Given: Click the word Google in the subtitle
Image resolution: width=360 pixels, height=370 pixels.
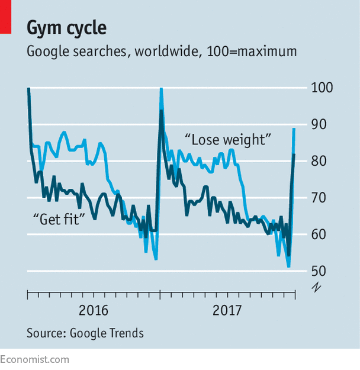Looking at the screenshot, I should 49,52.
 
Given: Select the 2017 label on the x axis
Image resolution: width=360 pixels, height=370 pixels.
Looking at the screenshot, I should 228,310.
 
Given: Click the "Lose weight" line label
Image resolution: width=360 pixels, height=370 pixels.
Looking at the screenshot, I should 227,140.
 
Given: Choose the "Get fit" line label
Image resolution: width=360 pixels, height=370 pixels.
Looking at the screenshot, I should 59,218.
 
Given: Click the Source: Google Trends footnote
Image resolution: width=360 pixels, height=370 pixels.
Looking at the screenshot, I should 85,333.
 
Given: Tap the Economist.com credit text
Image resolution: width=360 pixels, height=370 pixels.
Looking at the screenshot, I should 34,359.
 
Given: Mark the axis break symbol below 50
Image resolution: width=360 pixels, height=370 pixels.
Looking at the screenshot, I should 317,287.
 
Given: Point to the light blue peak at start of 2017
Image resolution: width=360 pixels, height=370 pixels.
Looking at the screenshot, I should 161,89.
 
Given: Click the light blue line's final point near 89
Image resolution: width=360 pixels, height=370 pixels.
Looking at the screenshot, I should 294,128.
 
